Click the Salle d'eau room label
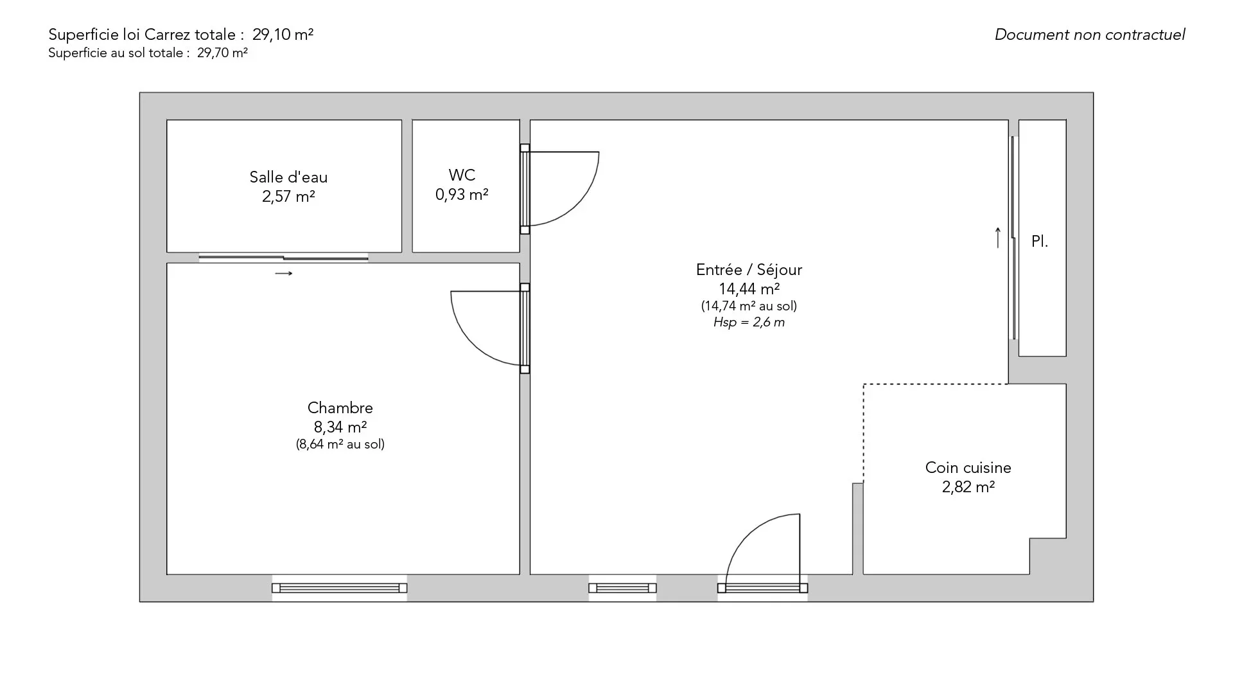pos(288,177)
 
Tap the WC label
pos(462,175)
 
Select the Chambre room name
pos(340,408)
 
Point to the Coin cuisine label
pos(968,468)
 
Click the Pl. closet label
pos(1039,242)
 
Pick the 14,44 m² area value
pos(749,289)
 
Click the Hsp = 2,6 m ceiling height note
pos(749,323)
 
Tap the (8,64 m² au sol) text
pos(340,444)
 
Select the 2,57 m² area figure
pos(288,197)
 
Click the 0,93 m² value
pos(462,194)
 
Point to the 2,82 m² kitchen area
pos(968,487)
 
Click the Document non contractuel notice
pos(1090,35)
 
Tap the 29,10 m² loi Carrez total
pos(283,35)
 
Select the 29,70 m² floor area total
pos(222,53)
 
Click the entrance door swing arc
pos(748,533)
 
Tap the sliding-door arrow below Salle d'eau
pos(284,274)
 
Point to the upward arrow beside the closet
pos(997,238)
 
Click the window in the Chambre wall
pos(339,588)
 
